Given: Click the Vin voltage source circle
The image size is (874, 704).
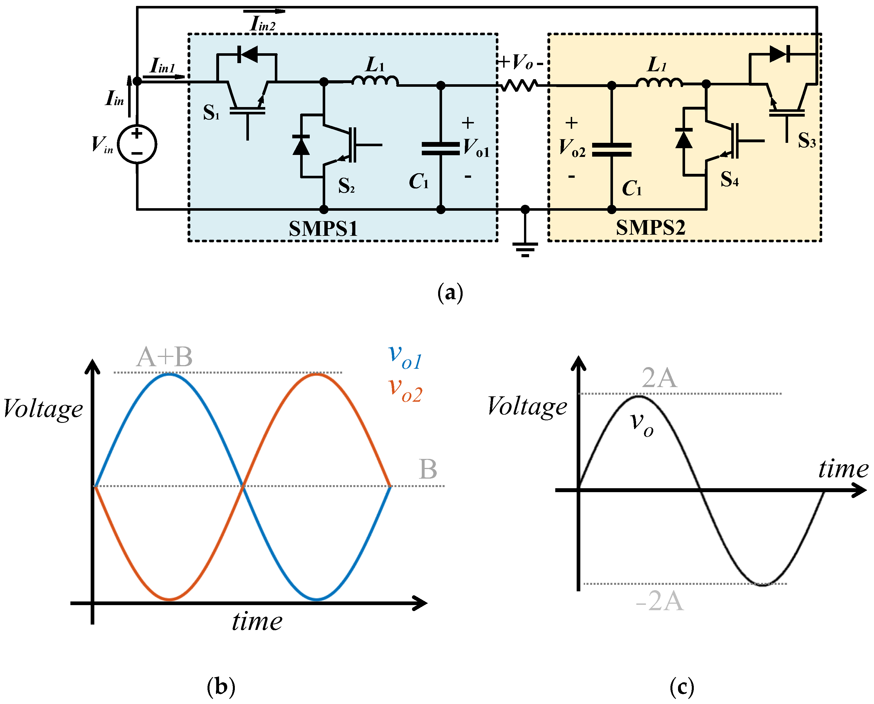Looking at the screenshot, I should coord(137,144).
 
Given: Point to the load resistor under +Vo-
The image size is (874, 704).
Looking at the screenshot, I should coord(520,86).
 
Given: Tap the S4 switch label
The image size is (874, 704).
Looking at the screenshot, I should coord(729,179).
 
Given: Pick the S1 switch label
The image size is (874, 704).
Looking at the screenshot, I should coord(211,113).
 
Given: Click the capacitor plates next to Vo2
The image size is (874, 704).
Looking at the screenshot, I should coord(612,150).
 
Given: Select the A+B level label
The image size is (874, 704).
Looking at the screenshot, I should coord(164,357).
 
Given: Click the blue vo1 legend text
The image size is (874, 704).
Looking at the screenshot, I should coord(405,357).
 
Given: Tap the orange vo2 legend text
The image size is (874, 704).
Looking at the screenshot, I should coord(405,390).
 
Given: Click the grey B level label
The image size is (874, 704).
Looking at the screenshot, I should coord(428,469).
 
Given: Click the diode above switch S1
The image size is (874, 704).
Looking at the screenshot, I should coord(247,54).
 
